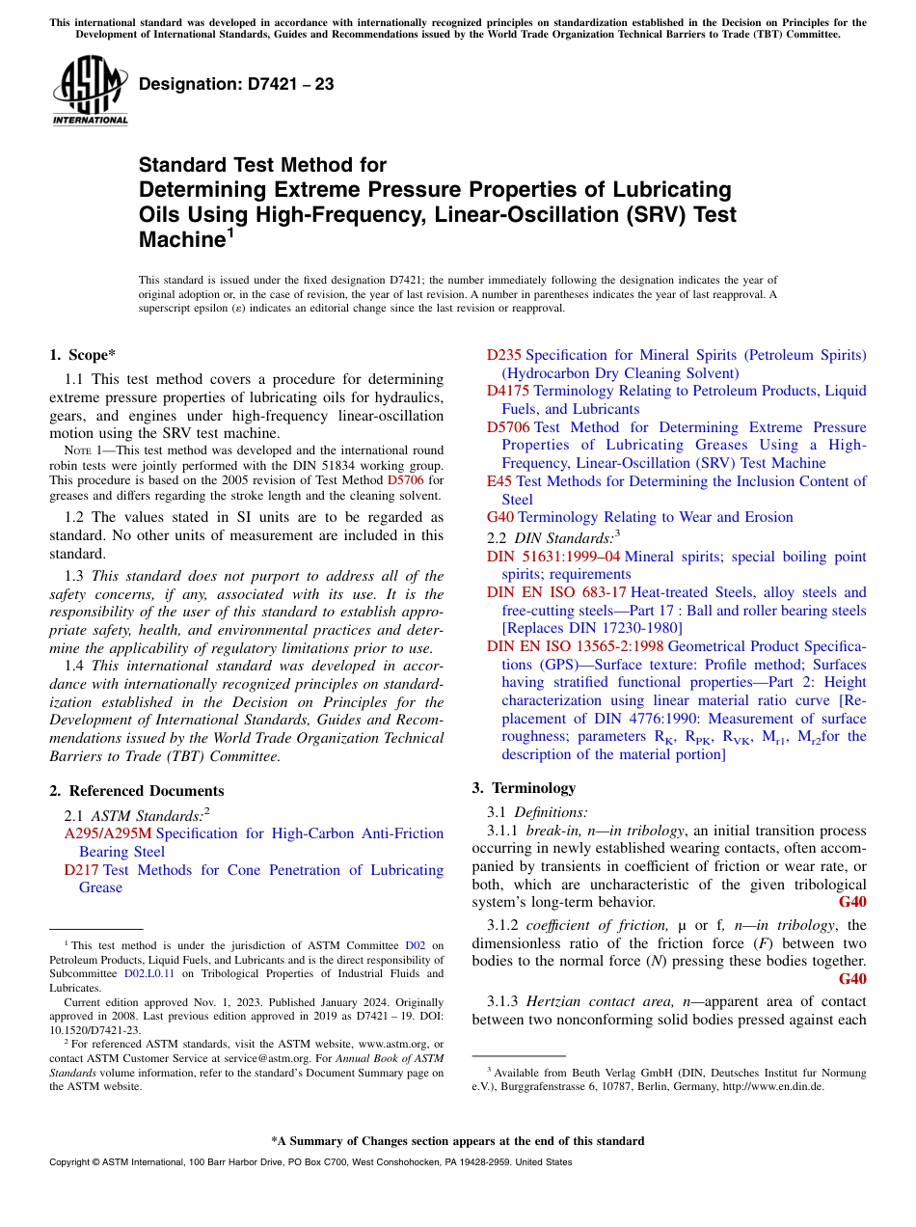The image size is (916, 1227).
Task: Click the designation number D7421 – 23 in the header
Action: pos(236,84)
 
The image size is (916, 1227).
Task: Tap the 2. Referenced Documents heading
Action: pos(137,790)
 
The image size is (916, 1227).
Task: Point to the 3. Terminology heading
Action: pos(524,787)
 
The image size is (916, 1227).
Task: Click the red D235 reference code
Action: pos(504,355)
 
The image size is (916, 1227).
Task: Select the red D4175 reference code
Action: pos(508,391)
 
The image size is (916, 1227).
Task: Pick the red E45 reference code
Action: pos(499,480)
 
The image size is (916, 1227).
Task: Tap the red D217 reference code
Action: pos(82,870)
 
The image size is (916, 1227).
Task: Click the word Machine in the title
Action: pos(182,240)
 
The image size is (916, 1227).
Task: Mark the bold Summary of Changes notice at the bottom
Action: pos(458,1141)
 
